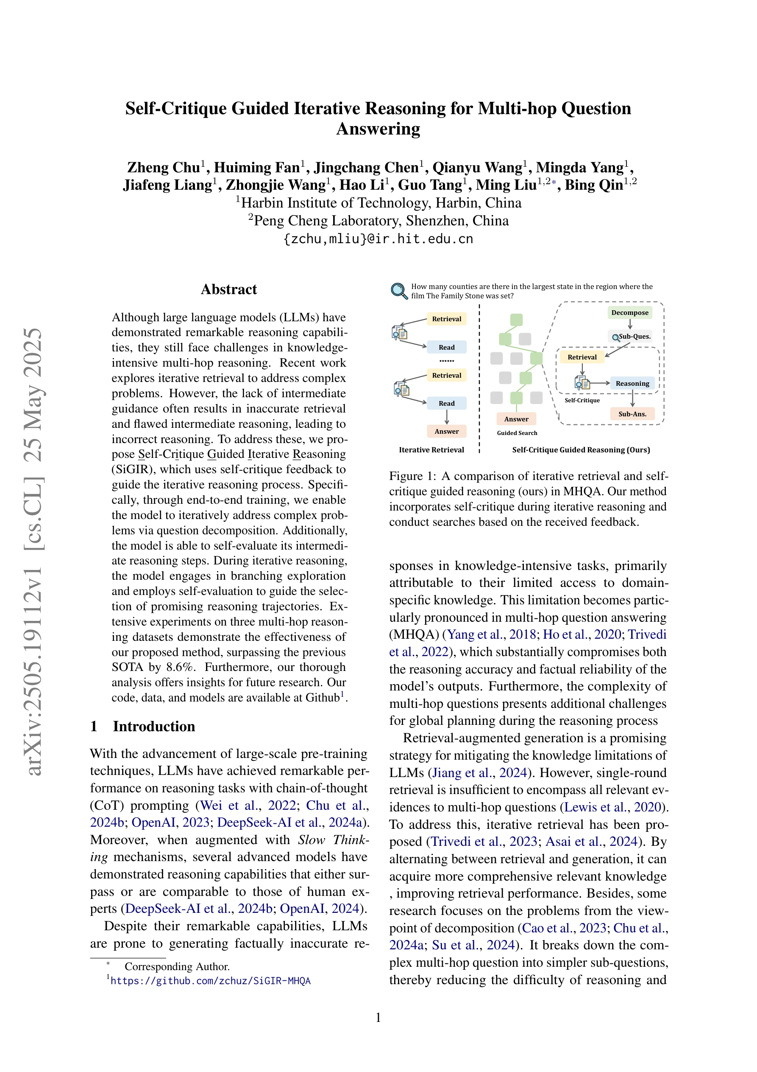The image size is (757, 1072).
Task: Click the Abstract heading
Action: pyautogui.click(x=228, y=289)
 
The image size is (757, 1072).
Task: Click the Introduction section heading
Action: pyautogui.click(x=153, y=727)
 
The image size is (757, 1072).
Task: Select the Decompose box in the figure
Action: pyautogui.click(x=630, y=312)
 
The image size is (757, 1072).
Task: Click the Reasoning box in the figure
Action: pyautogui.click(x=632, y=383)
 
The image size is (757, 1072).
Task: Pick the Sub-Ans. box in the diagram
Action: pyautogui.click(x=632, y=414)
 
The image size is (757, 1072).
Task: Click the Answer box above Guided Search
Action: pyautogui.click(x=516, y=419)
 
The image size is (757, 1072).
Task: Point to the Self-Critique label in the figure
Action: pyautogui.click(x=582, y=401)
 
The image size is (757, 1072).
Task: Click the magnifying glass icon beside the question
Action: pyautogui.click(x=399, y=291)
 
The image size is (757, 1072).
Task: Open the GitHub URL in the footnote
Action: pyautogui.click(x=210, y=980)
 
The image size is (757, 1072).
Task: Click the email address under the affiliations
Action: pyautogui.click(x=378, y=239)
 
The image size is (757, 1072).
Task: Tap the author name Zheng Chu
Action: pyautogui.click(x=163, y=168)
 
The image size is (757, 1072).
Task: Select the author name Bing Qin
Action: pyautogui.click(x=594, y=185)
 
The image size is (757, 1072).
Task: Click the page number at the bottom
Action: pyautogui.click(x=378, y=1018)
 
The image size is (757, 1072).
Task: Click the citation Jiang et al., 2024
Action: pyautogui.click(x=479, y=773)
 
